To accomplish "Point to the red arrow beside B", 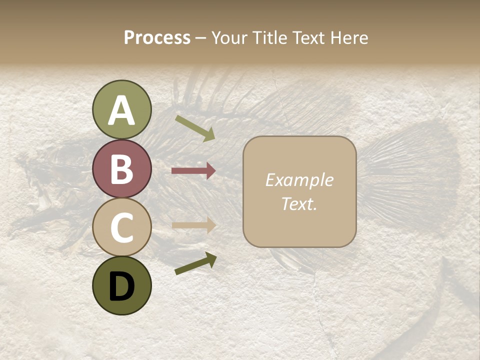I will pos(193,171).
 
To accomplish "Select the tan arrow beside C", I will pos(193,225).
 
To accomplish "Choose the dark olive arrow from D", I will pos(195,263).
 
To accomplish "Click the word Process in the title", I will pos(157,38).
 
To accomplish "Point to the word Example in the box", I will pos(299,180).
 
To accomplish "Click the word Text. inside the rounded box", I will pos(299,203).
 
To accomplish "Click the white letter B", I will pos(122,169).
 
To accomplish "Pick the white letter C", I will pos(122,227).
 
